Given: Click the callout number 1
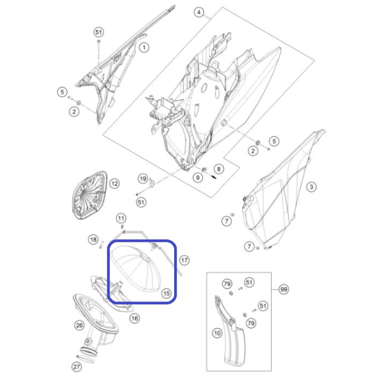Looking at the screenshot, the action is pos(144,48).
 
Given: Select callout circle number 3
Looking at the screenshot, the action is pos(311,187).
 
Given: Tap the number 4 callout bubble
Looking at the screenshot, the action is pos(199,12).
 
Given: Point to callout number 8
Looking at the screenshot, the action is pos(218,169).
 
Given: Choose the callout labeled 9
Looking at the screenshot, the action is pos(198,178).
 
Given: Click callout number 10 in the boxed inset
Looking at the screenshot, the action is pos(217,333).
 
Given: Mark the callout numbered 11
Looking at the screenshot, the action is pos(121,218).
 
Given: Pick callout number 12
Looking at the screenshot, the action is pos(115,184).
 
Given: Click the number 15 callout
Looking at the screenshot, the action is pos(166,293).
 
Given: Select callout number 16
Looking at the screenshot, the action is pos(135,319).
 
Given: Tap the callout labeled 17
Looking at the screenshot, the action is pos(184,260).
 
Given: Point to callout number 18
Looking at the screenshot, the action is pos(93,239).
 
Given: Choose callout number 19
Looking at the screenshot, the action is pos(143,179).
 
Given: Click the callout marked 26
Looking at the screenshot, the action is pos(79,325).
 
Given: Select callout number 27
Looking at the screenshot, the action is pos(77,367).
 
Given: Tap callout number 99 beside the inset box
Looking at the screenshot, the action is pos(284,289).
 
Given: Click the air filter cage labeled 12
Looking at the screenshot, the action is pos(89,195).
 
